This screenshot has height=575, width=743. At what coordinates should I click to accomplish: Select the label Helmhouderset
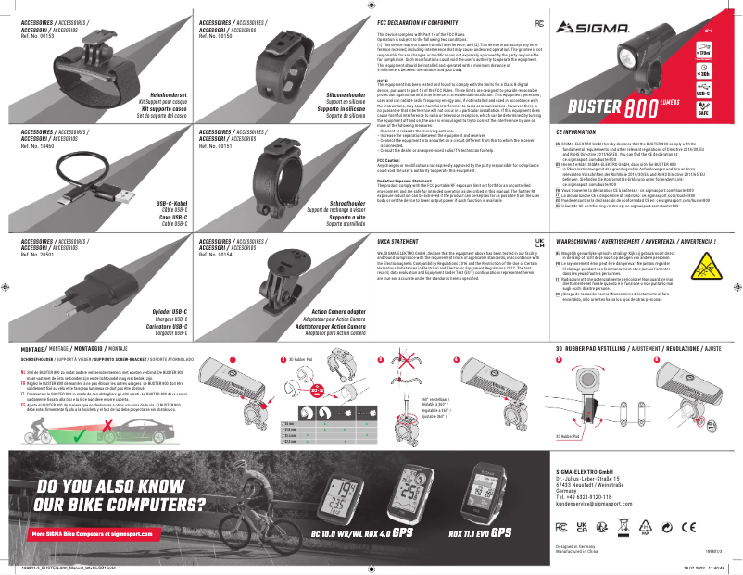[x=166, y=94]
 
